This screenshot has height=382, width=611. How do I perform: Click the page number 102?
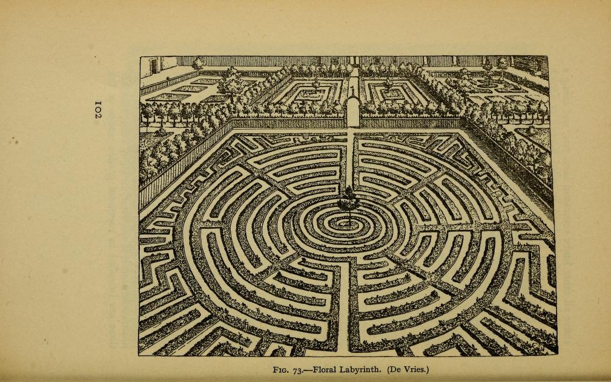(97, 110)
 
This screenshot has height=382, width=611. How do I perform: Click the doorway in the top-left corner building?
(153, 64)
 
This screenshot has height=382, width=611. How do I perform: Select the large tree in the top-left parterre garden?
(231, 82)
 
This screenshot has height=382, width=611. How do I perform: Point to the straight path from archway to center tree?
(351, 157)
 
